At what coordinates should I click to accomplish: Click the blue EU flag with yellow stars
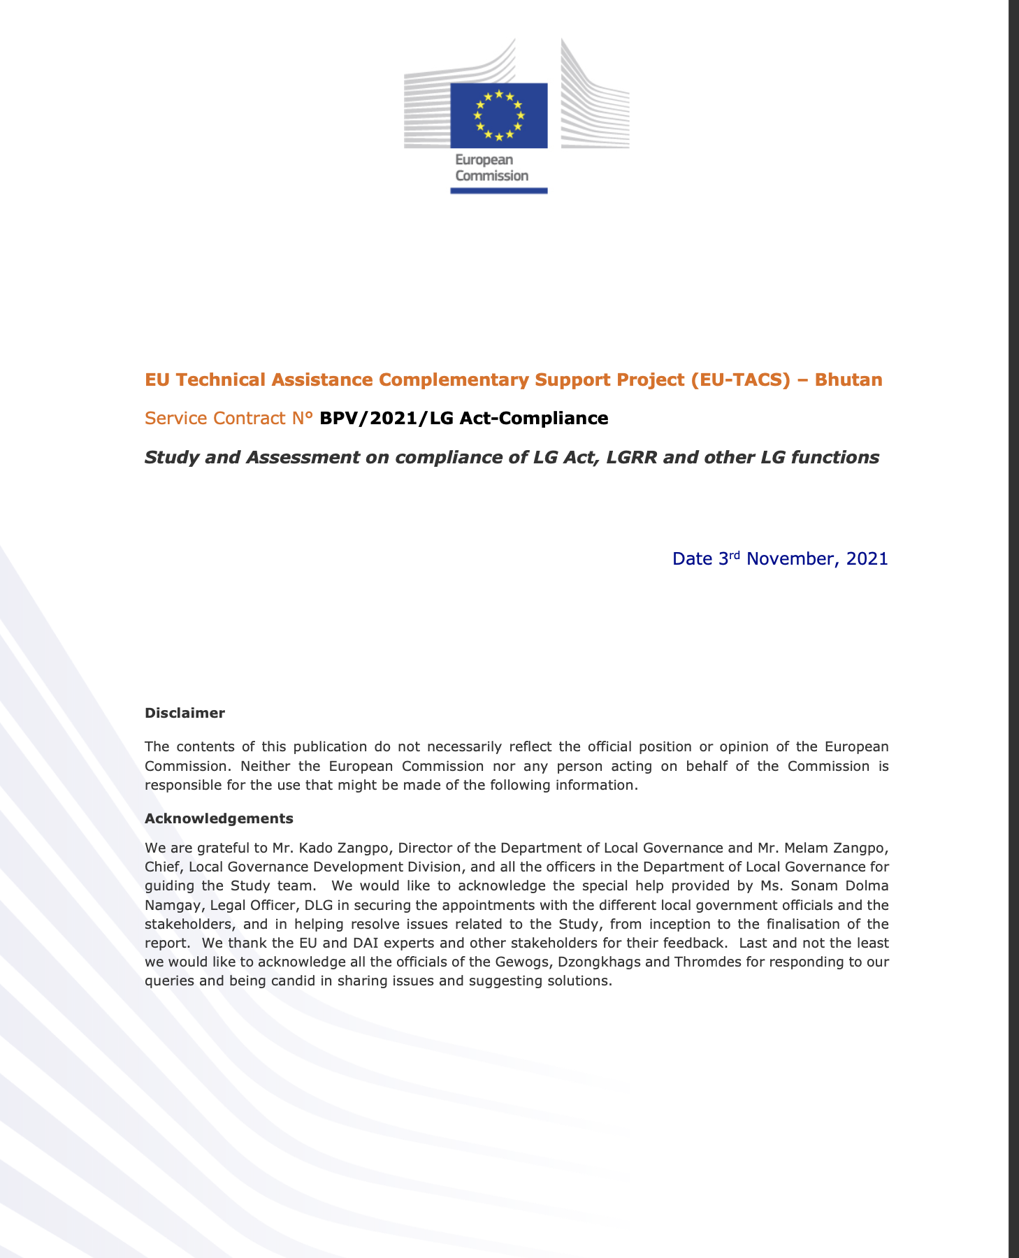point(498,115)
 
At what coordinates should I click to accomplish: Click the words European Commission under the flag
point(491,168)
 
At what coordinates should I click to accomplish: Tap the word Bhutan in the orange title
point(848,380)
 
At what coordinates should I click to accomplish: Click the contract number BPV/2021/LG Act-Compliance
point(463,419)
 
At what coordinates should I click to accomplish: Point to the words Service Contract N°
point(229,419)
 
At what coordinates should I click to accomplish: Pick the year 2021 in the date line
point(867,559)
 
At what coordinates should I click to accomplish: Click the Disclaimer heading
point(185,714)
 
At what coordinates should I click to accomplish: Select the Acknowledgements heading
point(219,818)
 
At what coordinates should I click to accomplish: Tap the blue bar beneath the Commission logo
point(498,190)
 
